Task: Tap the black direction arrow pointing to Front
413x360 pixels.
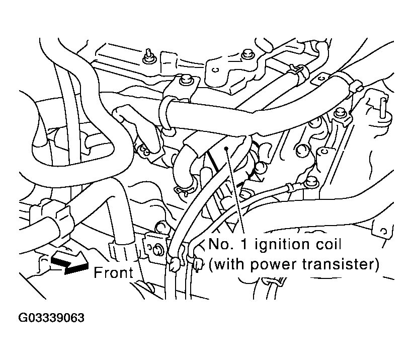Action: click(x=69, y=263)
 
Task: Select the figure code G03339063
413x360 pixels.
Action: click(x=51, y=319)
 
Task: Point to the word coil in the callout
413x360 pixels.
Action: click(x=326, y=246)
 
